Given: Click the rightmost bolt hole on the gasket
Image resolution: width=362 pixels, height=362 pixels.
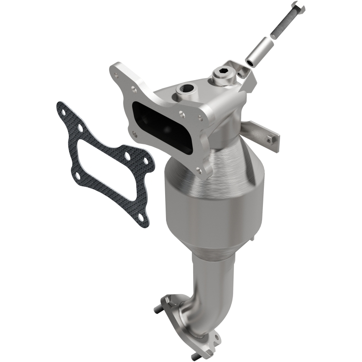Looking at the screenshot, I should pyautogui.click(x=146, y=162).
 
